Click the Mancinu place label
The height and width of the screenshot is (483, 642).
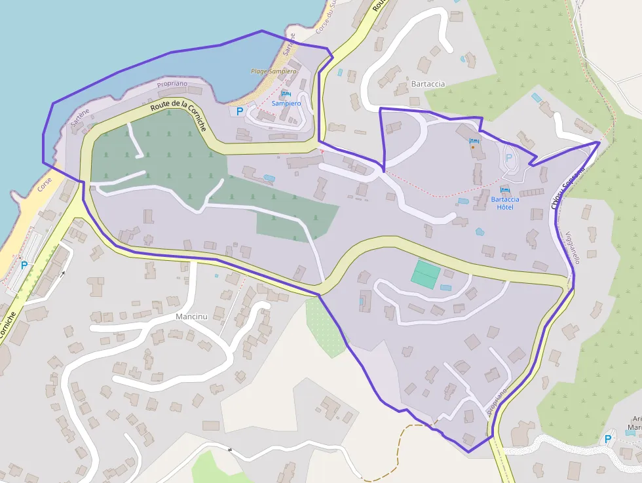click(191, 317)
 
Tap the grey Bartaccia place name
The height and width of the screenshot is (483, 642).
click(428, 84)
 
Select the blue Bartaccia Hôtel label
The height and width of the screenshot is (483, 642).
click(505, 203)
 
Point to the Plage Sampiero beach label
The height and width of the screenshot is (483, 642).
click(273, 71)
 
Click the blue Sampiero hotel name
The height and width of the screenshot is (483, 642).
click(286, 104)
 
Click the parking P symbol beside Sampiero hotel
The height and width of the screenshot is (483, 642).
click(240, 111)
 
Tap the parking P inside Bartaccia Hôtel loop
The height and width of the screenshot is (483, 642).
click(508, 158)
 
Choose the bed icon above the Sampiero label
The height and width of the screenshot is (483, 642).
click(286, 94)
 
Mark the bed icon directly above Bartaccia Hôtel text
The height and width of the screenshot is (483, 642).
click(505, 190)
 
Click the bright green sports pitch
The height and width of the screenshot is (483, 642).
click(426, 274)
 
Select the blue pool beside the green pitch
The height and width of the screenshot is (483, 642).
click(446, 288)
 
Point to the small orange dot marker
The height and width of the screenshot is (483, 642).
click(473, 147)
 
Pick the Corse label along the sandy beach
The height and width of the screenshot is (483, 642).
click(45, 185)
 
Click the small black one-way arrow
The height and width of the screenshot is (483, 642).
click(64, 274)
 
